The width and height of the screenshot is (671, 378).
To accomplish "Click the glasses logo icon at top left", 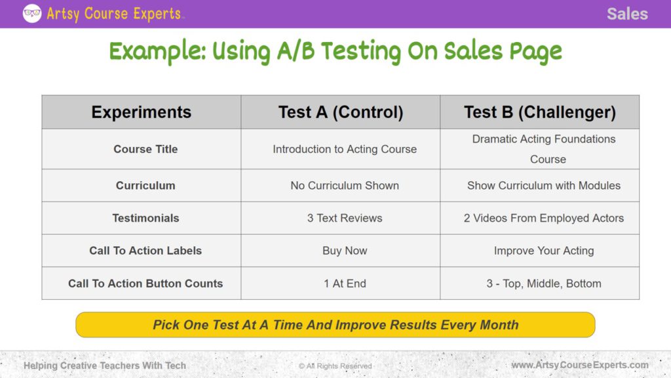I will point(32,13).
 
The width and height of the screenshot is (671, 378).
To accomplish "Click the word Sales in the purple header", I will point(626,14).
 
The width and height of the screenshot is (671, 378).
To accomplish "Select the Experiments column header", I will point(142,112).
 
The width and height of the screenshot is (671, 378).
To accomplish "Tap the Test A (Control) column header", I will point(341,112).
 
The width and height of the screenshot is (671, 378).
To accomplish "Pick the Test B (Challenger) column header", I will point(540,112).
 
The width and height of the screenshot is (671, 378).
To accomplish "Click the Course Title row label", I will point(145,149).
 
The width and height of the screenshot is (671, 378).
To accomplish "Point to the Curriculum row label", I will point(145,186).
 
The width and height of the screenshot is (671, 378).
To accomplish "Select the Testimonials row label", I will point(145,218).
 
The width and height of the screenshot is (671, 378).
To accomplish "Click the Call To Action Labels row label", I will point(145,251).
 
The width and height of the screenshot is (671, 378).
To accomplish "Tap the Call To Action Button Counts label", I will point(145,283).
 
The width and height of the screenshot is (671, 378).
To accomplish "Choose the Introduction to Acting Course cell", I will point(345,149).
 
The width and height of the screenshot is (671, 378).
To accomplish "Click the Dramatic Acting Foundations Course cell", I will point(544,149).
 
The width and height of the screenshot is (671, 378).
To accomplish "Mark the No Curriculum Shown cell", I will point(345,186).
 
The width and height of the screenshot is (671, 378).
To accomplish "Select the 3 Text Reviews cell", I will point(345,218).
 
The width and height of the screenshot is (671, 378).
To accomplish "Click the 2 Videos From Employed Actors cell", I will point(544,218).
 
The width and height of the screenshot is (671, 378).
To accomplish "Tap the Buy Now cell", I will point(345,251).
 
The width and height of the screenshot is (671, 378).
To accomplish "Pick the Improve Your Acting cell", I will point(544,251).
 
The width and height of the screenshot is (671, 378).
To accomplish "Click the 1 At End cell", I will point(345,283).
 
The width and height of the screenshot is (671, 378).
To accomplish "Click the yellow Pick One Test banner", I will point(335,325).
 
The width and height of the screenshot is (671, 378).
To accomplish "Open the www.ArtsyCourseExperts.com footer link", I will point(580,365).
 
